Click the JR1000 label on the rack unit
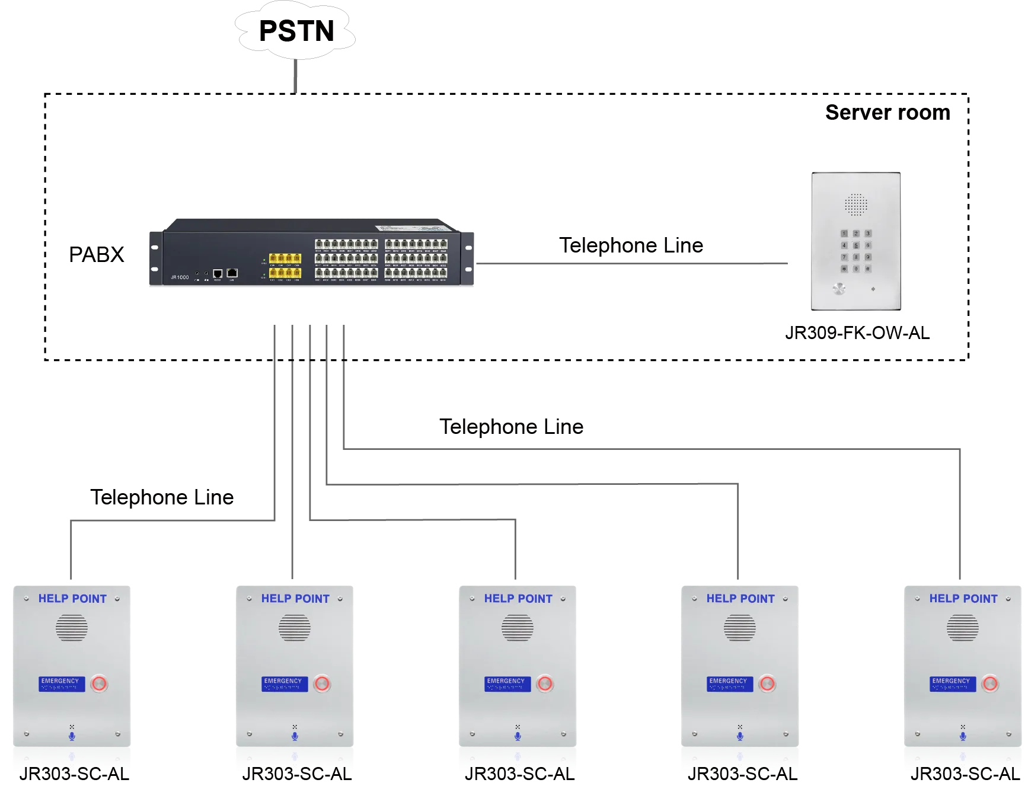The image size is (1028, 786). tap(180, 277)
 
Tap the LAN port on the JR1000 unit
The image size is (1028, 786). tap(232, 273)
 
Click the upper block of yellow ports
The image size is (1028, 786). tap(285, 258)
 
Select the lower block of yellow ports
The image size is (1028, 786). tap(285, 273)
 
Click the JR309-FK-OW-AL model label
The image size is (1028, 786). tap(857, 333)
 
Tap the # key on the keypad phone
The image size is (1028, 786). tap(868, 269)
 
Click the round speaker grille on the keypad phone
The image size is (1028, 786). tap(856, 205)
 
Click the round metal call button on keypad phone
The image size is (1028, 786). tap(838, 289)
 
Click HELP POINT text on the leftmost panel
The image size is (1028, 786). tap(72, 599)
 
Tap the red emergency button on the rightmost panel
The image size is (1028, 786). tap(989, 683)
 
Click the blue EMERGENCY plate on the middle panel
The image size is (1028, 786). tap(507, 683)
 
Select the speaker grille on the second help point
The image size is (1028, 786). tap(295, 628)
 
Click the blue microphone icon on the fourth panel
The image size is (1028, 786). tap(740, 736)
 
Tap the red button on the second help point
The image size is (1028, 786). tap(322, 683)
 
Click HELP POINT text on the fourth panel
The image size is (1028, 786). tap(740, 599)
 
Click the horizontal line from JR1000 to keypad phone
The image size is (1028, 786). tap(617, 263)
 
